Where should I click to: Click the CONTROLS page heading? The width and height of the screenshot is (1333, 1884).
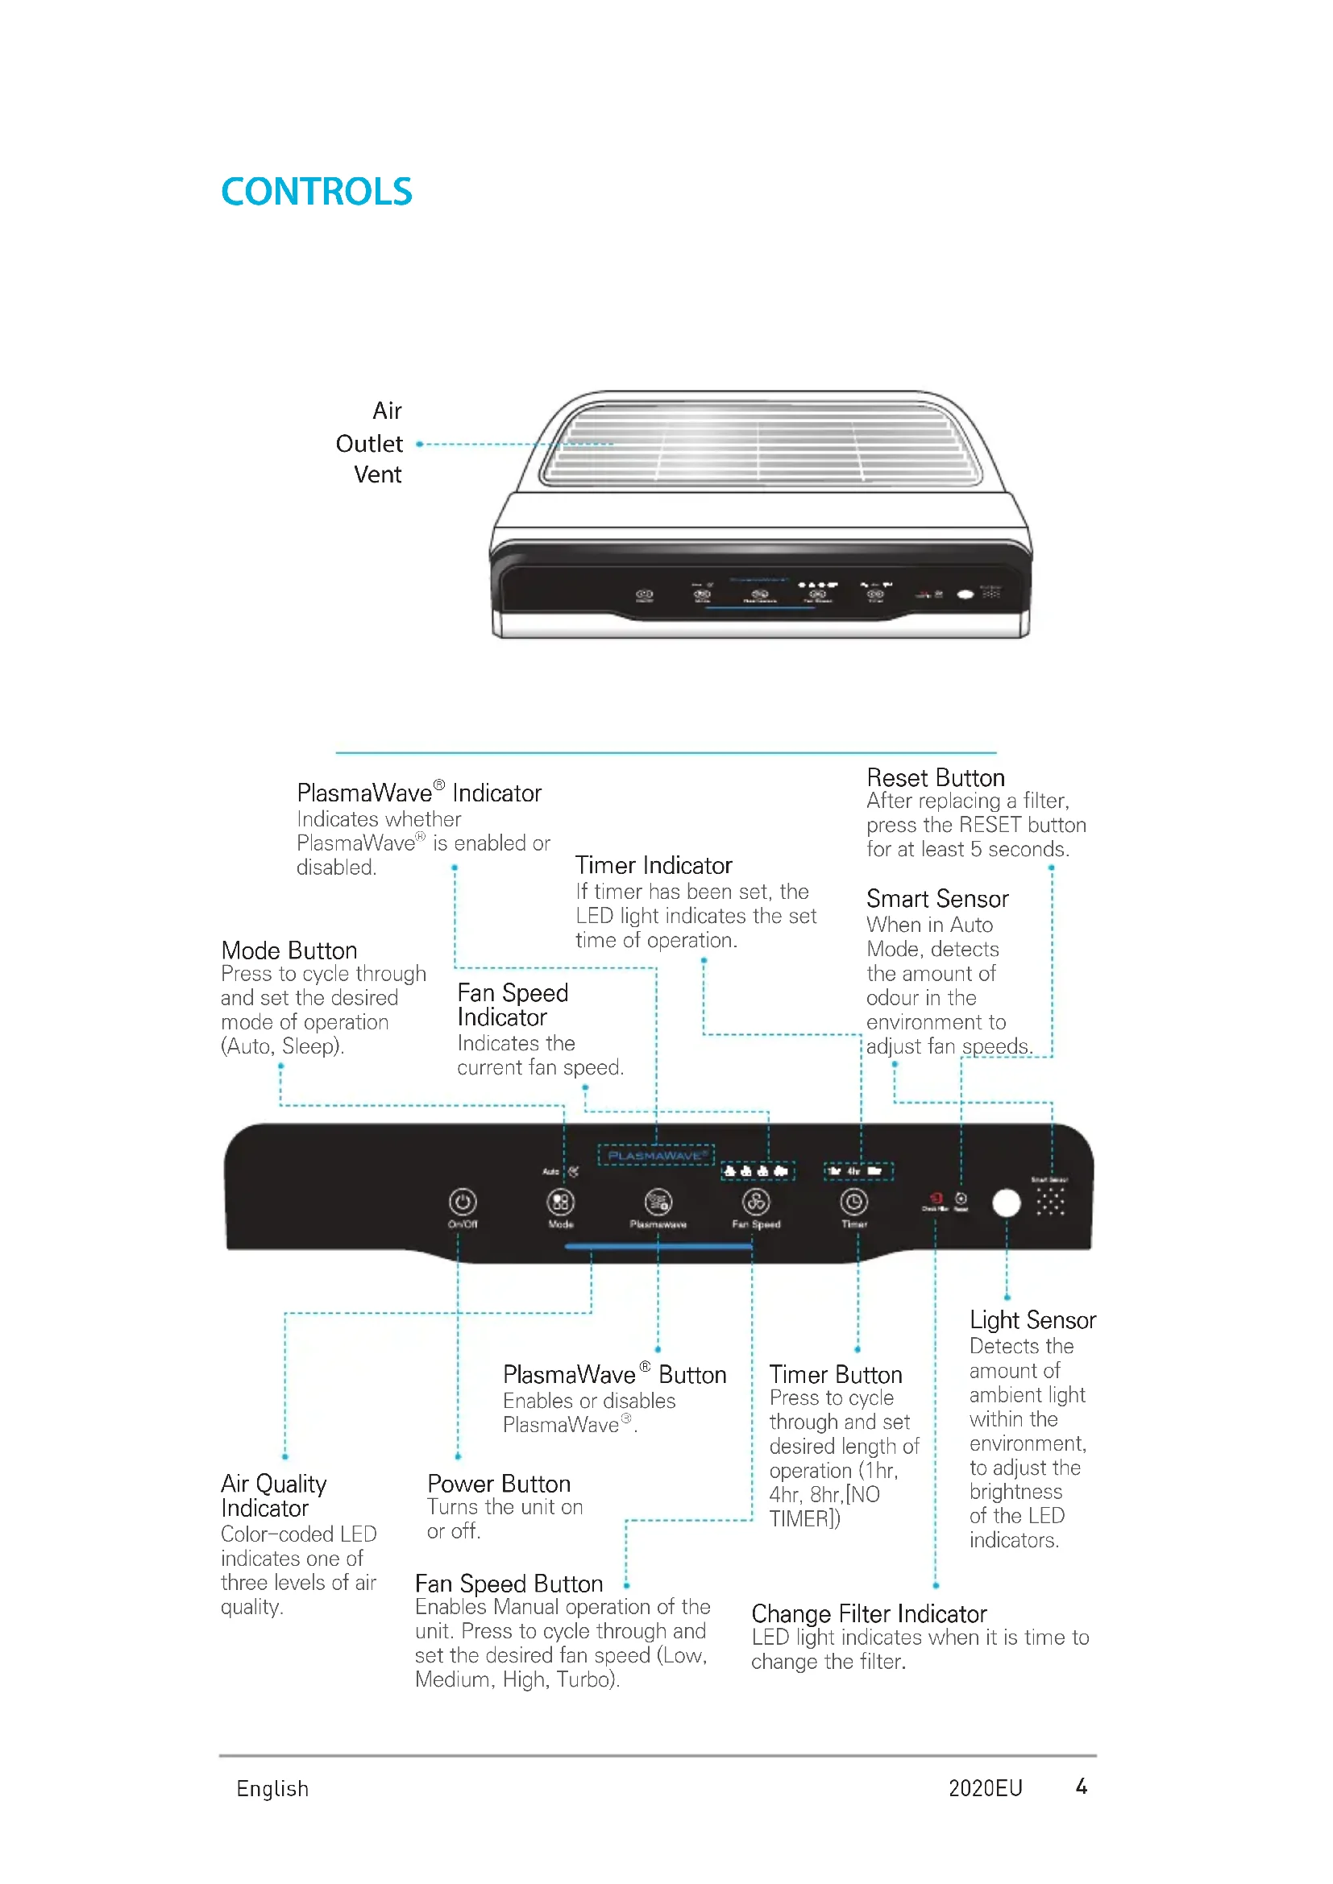coord(316,192)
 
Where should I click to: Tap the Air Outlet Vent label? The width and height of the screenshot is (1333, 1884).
coord(370,443)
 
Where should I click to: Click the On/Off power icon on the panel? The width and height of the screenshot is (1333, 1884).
coord(463,1203)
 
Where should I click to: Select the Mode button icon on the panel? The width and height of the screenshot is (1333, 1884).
coord(561,1203)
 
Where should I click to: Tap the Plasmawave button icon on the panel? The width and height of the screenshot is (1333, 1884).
coord(658,1203)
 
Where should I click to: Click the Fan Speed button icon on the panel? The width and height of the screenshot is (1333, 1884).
coord(756,1203)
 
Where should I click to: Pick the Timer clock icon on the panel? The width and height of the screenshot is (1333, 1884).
coord(853,1203)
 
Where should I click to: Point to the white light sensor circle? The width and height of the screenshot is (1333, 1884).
coord(1007,1203)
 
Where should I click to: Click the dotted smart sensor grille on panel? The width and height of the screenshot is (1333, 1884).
coord(1051,1203)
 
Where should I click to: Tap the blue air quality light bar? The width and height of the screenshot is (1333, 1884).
coord(658,1246)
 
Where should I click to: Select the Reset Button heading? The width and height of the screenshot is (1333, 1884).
coord(936,778)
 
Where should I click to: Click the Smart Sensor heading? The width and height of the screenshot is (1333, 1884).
coord(937,900)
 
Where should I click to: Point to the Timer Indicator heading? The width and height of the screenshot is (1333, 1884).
coord(654,866)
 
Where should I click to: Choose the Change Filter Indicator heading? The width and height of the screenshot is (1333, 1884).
coord(870,1614)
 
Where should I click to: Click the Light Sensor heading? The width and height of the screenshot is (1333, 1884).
coord(1032,1320)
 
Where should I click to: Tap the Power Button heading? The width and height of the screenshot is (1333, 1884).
coord(499,1484)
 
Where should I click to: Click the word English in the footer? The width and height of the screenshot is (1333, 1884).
coord(272,1789)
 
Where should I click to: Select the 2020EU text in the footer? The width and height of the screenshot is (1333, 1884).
coord(985,1789)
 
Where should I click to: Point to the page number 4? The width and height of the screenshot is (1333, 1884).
coord(1082,1787)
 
